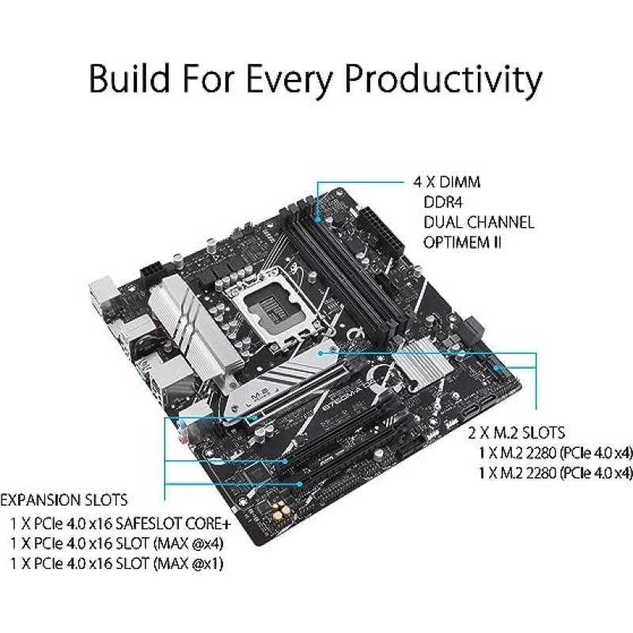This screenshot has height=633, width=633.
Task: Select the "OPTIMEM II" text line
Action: (463, 243)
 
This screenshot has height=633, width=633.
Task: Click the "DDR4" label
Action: (443, 203)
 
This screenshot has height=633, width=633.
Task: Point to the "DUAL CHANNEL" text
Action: (479, 222)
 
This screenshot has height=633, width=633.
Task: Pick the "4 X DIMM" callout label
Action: (446, 183)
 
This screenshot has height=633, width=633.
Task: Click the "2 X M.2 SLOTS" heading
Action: (516, 433)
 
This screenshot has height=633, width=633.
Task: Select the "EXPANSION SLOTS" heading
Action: (63, 501)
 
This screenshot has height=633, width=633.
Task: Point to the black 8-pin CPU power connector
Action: (155, 271)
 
